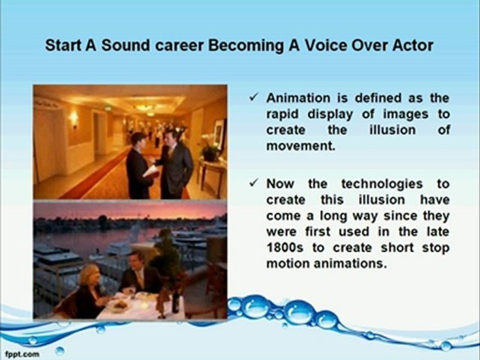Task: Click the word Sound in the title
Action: [125, 45]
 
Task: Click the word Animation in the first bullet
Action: [298, 98]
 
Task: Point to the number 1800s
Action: [284, 247]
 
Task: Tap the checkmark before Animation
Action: [254, 97]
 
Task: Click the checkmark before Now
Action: [254, 183]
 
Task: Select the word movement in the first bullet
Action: [301, 145]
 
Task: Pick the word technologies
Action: [382, 184]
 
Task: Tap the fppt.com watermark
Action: [22, 354]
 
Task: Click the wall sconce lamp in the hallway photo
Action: [74, 119]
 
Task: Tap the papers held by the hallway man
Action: [151, 171]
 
